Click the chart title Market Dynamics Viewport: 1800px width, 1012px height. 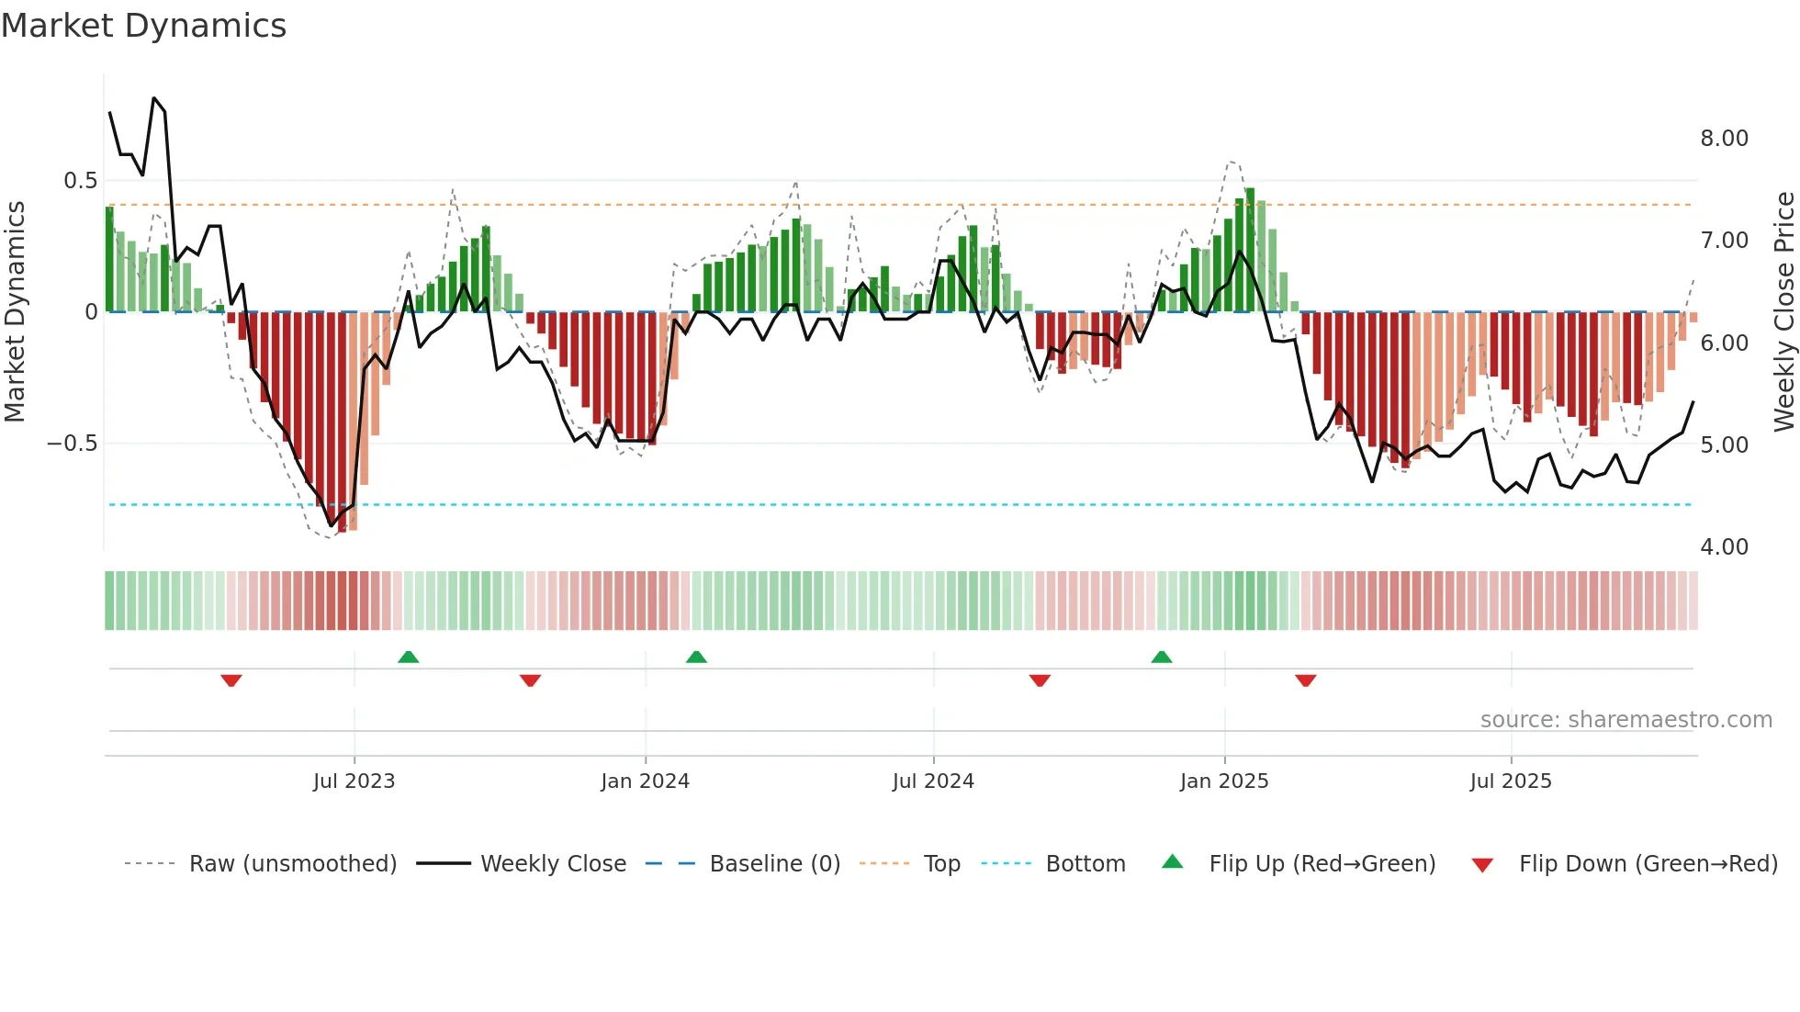click(x=144, y=26)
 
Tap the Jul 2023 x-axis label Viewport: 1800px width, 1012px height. click(x=354, y=781)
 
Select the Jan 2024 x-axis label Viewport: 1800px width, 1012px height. click(x=645, y=781)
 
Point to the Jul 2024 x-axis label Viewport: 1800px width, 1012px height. click(x=933, y=781)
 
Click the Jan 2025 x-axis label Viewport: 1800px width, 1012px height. click(x=1224, y=781)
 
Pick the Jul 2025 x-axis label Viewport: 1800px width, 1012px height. click(x=1511, y=781)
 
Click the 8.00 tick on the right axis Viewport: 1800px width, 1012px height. click(x=1724, y=139)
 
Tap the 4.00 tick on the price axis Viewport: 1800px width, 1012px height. click(x=1724, y=547)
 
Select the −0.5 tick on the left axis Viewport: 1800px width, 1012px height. click(x=73, y=444)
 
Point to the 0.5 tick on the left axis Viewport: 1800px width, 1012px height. click(x=81, y=181)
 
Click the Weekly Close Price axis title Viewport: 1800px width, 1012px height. click(x=1784, y=311)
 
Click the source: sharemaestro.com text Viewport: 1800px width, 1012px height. click(x=1626, y=720)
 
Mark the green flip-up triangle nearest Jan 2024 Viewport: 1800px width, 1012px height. click(x=696, y=657)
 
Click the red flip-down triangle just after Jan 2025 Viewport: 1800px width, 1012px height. click(x=1306, y=680)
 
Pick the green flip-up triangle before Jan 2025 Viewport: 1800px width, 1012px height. click(x=1162, y=657)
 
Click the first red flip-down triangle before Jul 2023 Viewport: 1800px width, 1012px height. click(x=231, y=680)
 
